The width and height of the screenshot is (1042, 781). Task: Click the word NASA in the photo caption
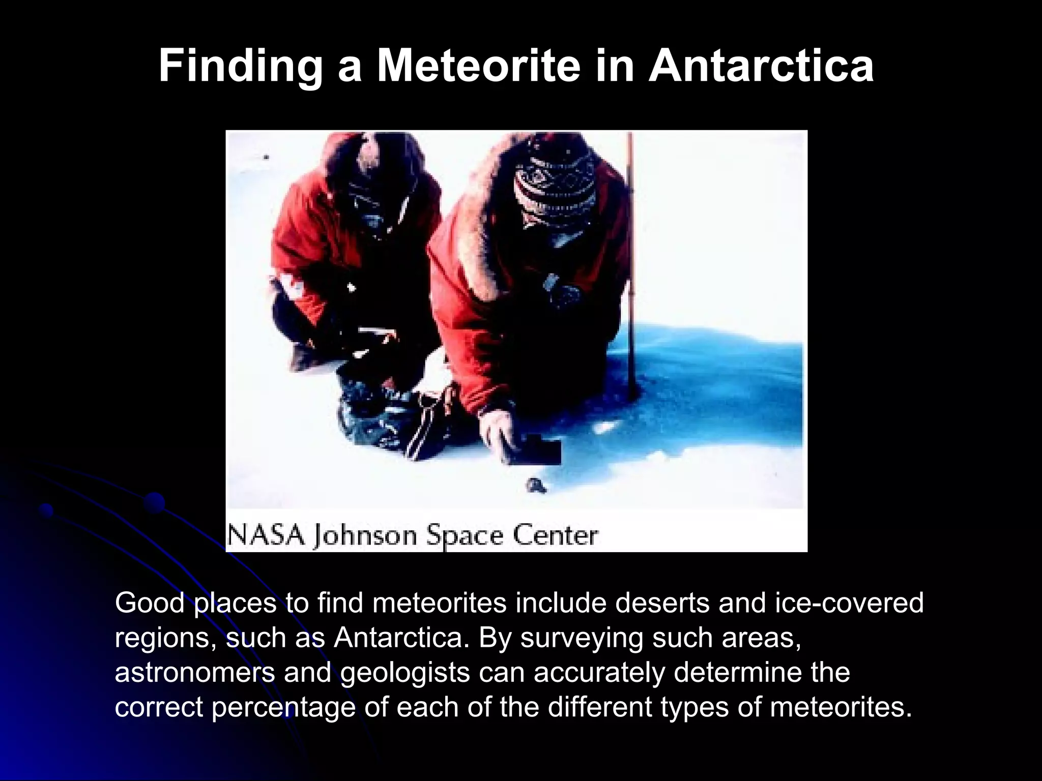tap(266, 535)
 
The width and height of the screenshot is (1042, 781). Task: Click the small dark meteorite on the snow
tap(536, 485)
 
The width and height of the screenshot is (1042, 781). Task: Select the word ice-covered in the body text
tap(849, 603)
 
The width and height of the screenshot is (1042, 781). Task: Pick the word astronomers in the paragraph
tap(195, 673)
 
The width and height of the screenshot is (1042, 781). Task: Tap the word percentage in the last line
tap(283, 708)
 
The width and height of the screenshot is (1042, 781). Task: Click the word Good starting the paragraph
tap(149, 603)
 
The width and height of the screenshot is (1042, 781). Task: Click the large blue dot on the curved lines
tap(154, 503)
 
